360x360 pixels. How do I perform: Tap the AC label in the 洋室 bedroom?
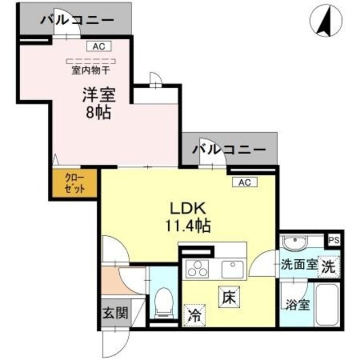99,47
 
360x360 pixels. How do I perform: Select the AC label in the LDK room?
244,182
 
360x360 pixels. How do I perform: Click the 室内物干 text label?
91,71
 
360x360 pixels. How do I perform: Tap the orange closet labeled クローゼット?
75,184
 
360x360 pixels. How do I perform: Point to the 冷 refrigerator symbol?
193,313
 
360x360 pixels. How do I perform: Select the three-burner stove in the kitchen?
198,269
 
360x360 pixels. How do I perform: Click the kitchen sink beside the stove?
232,268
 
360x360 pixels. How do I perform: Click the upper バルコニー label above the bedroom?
76,21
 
